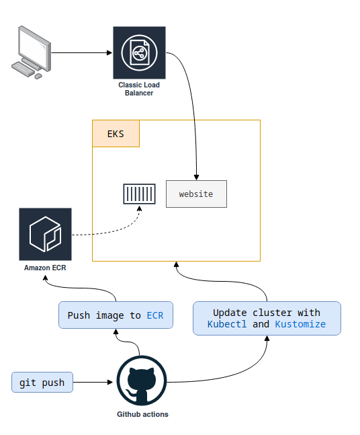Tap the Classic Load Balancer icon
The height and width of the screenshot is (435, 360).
139,52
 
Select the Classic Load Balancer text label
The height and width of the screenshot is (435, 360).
139,89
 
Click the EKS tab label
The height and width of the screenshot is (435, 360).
116,134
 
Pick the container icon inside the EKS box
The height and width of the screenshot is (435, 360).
140,194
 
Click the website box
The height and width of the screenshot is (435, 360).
196,194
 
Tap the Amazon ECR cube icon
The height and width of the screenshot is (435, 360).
45,234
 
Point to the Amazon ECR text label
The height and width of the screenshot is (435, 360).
45,268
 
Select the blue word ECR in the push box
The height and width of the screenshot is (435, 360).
155,315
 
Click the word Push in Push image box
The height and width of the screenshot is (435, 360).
79,315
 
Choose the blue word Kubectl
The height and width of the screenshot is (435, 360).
227,324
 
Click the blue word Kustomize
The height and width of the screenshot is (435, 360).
300,324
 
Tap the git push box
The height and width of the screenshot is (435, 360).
42,383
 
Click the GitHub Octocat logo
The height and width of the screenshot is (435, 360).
142,381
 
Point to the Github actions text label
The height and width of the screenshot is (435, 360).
142,414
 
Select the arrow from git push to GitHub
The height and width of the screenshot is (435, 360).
93,383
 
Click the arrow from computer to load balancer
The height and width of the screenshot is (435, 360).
82,52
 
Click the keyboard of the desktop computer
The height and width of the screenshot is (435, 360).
23,69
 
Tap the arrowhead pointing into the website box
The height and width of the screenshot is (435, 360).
196,177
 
